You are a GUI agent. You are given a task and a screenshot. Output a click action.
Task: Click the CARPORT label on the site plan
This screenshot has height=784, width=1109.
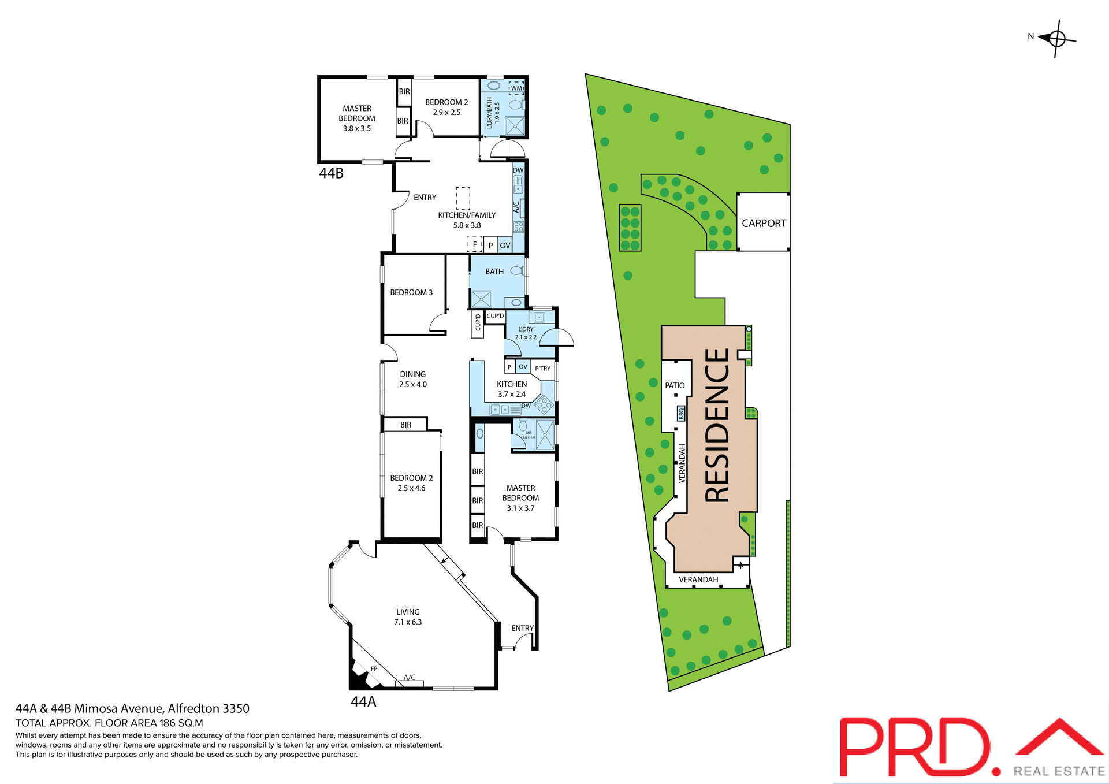(x=764, y=223)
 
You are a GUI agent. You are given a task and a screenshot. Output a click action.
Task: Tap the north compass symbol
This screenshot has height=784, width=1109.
(x=1056, y=39)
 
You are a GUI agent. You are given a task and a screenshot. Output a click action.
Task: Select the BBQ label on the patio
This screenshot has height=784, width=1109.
(x=681, y=414)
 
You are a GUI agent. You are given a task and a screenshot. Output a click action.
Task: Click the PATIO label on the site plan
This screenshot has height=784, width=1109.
(x=675, y=385)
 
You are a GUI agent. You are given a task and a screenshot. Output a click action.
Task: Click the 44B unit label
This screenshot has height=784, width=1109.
(x=331, y=173)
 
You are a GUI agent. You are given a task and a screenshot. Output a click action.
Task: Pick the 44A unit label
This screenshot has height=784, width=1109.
(x=363, y=701)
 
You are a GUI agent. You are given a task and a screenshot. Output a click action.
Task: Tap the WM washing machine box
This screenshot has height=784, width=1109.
(x=516, y=88)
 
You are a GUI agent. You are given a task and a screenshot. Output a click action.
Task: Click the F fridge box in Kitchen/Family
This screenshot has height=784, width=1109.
(x=475, y=244)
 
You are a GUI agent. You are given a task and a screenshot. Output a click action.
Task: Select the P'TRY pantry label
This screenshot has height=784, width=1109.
(x=542, y=369)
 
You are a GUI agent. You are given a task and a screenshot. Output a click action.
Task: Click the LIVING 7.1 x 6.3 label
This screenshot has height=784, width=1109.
(x=408, y=617)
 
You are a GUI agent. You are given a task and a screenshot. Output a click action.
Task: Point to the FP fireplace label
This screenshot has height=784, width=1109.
(x=374, y=668)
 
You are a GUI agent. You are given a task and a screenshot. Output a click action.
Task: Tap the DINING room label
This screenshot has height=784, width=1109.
(x=412, y=379)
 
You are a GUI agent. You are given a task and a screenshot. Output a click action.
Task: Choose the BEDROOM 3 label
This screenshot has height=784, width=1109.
(x=411, y=292)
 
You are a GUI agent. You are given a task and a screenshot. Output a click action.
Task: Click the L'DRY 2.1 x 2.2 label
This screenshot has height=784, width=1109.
(x=526, y=333)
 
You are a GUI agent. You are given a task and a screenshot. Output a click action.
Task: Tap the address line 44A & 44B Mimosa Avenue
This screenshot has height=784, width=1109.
(x=132, y=708)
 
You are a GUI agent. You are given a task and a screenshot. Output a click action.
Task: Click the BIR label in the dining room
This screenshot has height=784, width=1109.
(x=406, y=425)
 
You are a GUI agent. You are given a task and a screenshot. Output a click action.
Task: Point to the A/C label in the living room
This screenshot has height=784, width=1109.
(x=409, y=677)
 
